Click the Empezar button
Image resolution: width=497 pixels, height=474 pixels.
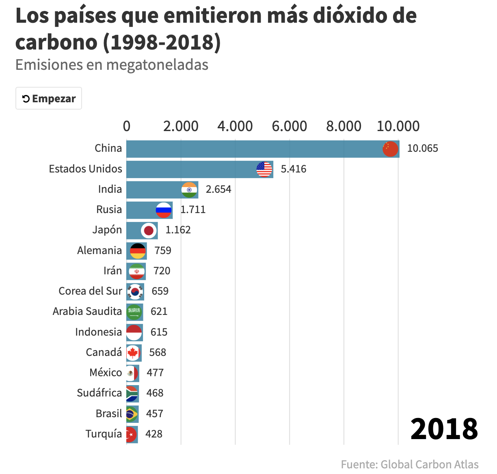coord(49,99)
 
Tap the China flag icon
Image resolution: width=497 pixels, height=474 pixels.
coord(390,149)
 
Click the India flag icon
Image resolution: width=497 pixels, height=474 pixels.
coord(189,190)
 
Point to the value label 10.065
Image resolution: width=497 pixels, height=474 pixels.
coord(422,149)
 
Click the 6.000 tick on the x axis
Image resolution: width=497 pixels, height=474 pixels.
coord(289,126)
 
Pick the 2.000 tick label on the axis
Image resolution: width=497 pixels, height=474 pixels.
coord(181,126)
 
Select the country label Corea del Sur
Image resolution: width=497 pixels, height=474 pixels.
coord(90,291)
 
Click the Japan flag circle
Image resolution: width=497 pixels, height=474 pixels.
coord(149,231)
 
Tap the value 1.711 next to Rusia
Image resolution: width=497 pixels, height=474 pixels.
coord(193,209)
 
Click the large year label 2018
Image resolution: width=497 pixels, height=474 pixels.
coord(444,429)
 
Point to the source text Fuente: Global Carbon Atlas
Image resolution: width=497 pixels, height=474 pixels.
coord(409,464)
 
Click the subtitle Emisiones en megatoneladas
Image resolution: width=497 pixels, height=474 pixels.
coord(112,65)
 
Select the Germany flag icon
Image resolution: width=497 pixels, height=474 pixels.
coord(138,251)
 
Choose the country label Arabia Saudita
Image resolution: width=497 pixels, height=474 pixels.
coord(87,311)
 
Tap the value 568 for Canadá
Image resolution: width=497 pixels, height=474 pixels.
coord(158,352)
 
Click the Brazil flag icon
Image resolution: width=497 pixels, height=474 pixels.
coord(131,414)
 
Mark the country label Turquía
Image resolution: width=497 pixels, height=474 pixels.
coord(104,434)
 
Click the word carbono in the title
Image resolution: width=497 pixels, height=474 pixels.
coord(57,42)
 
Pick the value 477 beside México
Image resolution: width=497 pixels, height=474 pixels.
coord(155,373)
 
